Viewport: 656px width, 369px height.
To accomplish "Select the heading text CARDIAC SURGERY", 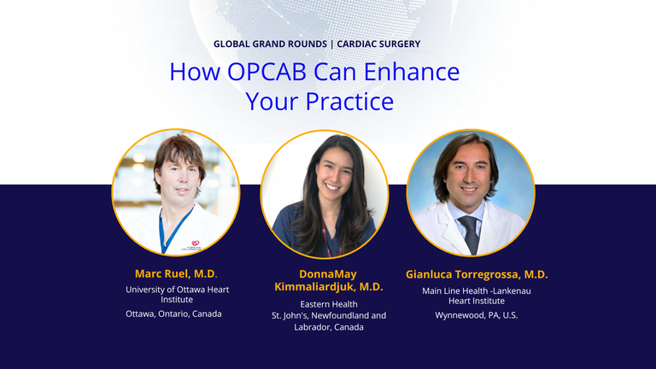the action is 378,44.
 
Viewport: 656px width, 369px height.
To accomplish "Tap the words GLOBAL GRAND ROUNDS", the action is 270,44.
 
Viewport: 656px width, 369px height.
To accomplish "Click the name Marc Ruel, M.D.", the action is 176,274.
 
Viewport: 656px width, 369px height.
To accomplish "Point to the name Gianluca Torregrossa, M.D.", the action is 477,274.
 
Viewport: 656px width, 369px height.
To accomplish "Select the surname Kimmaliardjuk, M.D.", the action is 329,287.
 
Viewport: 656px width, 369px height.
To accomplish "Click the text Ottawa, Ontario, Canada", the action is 173,313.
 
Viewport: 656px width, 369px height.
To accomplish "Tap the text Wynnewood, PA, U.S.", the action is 477,315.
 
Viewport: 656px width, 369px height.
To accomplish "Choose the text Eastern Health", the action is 329,304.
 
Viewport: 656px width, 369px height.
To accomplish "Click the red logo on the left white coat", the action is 196,243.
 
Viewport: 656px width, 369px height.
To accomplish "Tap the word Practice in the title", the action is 349,102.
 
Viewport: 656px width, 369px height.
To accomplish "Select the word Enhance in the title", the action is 412,72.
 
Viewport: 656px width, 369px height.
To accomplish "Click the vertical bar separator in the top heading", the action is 331,44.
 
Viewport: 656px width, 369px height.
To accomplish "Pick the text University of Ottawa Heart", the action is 178,290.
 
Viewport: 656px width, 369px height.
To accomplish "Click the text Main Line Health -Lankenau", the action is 477,290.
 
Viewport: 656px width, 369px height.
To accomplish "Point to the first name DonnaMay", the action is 328,274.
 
